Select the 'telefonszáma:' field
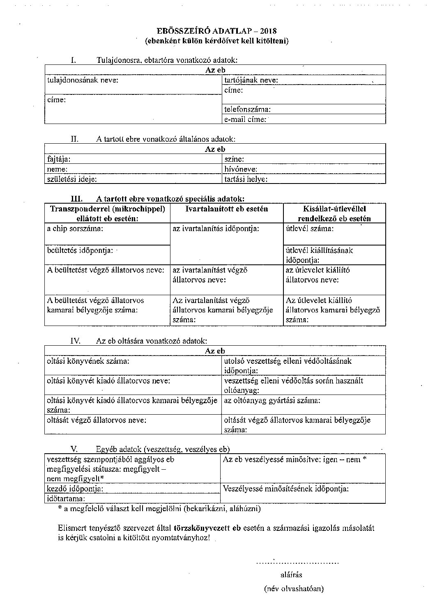point(247,110)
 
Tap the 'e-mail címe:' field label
point(245,119)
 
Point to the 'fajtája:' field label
point(59,159)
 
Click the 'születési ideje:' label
point(72,179)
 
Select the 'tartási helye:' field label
point(246,179)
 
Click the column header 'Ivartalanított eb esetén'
point(227,209)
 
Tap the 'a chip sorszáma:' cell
point(75,229)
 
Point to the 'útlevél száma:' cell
point(310,229)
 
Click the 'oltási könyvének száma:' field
point(88,361)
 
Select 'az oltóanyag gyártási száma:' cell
point(272,400)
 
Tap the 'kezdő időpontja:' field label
point(75,489)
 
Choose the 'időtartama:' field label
point(66,498)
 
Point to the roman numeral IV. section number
point(76,341)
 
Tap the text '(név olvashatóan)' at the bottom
point(294,589)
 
